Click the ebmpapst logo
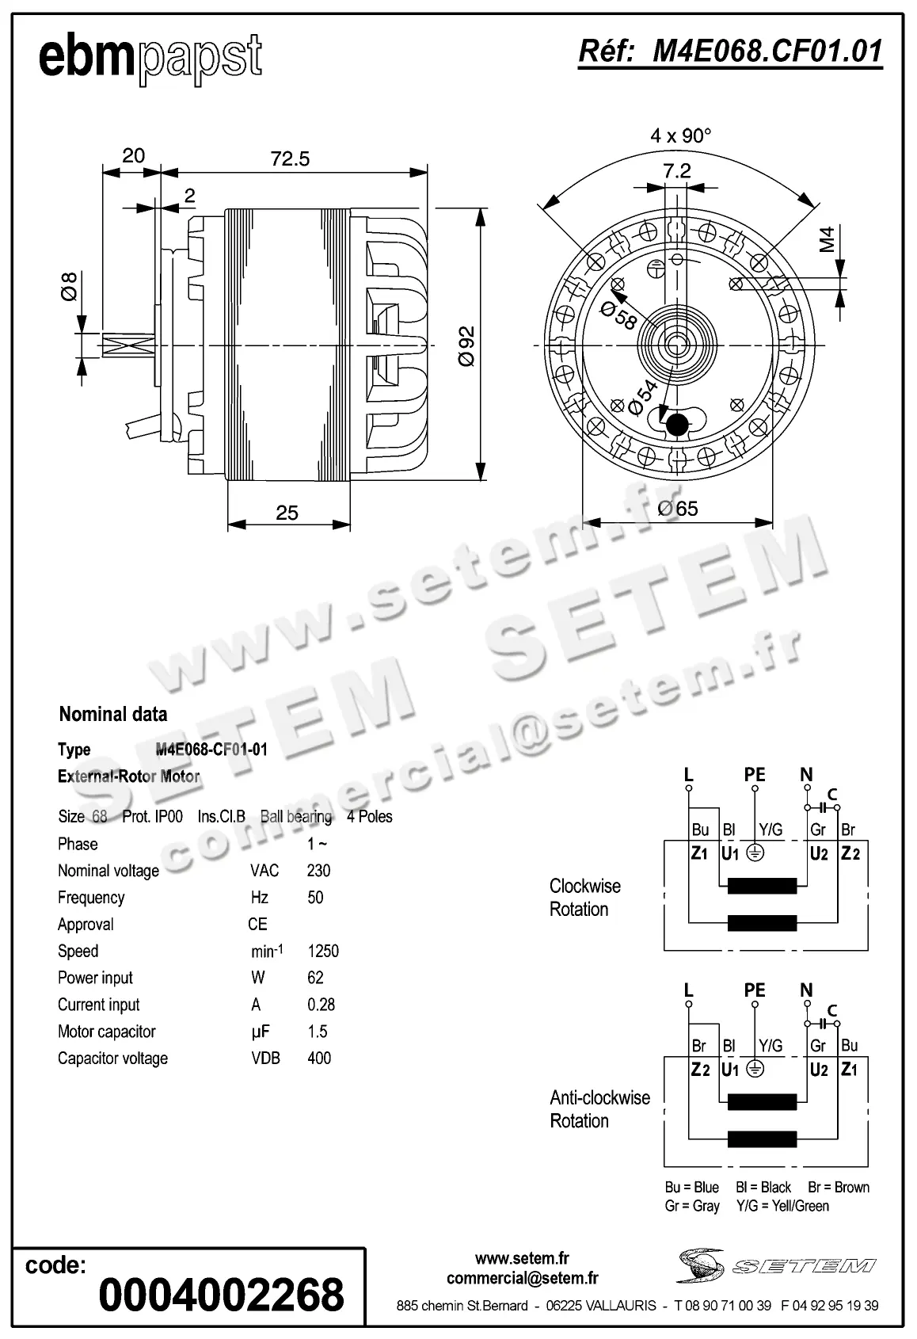click(x=150, y=57)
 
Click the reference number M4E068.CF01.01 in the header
click(x=730, y=51)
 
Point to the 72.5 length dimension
click(x=290, y=158)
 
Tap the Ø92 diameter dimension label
click(x=466, y=345)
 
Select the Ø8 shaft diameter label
click(x=70, y=286)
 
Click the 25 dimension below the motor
click(x=287, y=513)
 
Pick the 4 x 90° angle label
click(x=680, y=135)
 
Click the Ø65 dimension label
click(x=677, y=509)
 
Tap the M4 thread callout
click(x=827, y=238)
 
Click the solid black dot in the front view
click(x=676, y=425)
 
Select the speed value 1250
click(x=323, y=951)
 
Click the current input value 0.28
click(x=321, y=1005)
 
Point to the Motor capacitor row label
click(x=106, y=1032)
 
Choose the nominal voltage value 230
click(x=318, y=871)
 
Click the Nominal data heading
click(x=113, y=714)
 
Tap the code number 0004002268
click(x=221, y=1295)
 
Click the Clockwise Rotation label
click(x=584, y=898)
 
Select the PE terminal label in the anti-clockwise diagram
click(x=755, y=990)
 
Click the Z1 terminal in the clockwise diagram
click(x=699, y=853)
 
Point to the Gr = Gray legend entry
click(x=692, y=1206)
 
